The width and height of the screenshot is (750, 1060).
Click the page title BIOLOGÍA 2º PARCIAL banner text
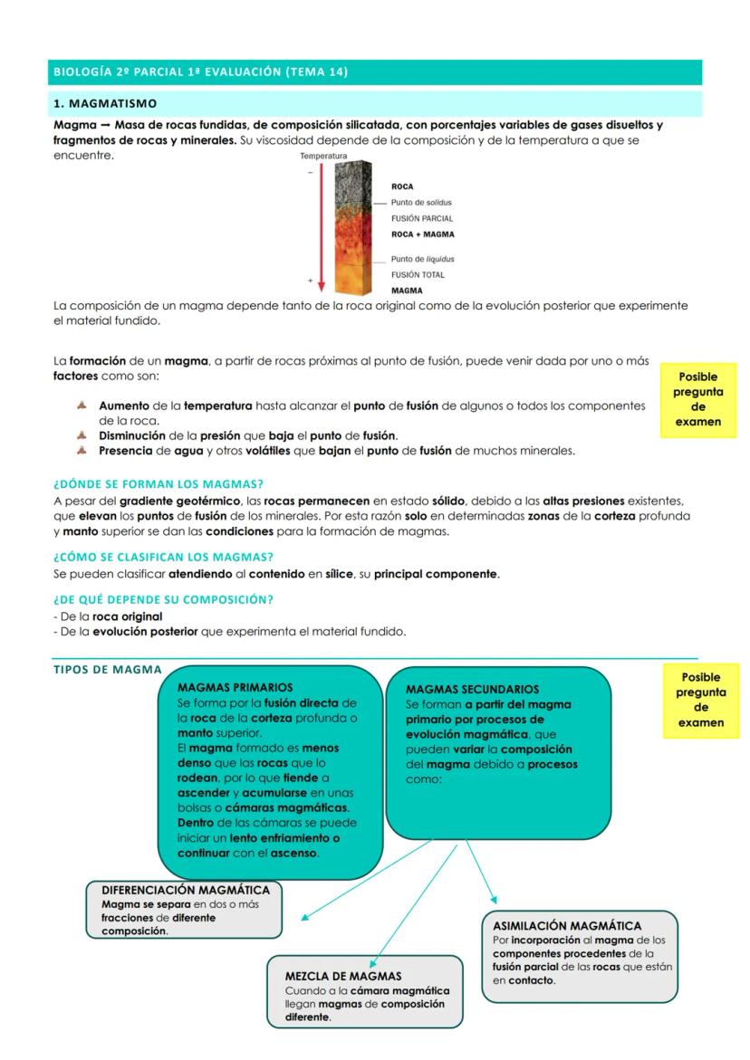[200, 72]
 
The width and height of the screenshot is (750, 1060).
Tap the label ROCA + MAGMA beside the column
[422, 234]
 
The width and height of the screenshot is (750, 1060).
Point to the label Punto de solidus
[421, 203]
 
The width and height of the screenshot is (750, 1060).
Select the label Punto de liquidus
[422, 259]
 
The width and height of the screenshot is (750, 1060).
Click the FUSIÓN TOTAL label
[418, 275]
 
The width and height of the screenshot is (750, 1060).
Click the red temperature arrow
[321, 226]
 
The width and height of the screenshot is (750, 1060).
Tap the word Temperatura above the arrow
[323, 157]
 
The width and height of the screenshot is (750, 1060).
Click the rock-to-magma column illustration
[354, 227]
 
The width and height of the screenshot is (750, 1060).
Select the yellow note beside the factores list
[697, 400]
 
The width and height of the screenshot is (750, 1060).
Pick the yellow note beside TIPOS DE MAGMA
[700, 700]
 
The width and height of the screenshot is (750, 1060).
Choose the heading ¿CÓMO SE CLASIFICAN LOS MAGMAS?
[163, 557]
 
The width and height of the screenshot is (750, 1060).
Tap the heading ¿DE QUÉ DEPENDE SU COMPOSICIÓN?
[163, 599]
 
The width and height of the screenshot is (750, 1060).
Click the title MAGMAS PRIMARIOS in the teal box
[236, 688]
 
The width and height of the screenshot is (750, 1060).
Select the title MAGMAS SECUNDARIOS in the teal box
[472, 690]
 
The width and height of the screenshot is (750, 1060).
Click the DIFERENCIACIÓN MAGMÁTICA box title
[186, 891]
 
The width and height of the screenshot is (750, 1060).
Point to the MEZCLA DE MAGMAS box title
[343, 977]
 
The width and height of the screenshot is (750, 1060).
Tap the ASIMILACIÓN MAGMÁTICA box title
[567, 926]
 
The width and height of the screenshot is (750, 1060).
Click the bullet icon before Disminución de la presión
[83, 435]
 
